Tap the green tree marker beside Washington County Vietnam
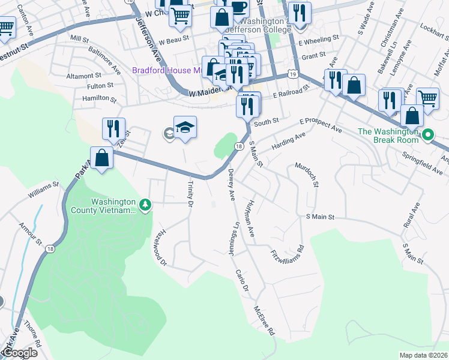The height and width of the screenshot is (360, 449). tap(145, 206)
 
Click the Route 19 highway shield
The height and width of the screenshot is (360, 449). tap(292, 74)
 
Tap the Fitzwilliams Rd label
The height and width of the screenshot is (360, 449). tap(288, 250)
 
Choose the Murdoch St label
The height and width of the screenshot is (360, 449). tap(306, 175)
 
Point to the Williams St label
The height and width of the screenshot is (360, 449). tap(43, 193)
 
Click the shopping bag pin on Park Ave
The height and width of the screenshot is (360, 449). tap(103, 158)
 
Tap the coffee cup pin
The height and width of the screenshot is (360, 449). tap(238, 7)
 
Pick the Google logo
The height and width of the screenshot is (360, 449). tap(19, 353)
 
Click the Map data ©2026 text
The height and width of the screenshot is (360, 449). tap(423, 355)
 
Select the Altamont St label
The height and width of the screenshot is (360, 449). tap(84, 76)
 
